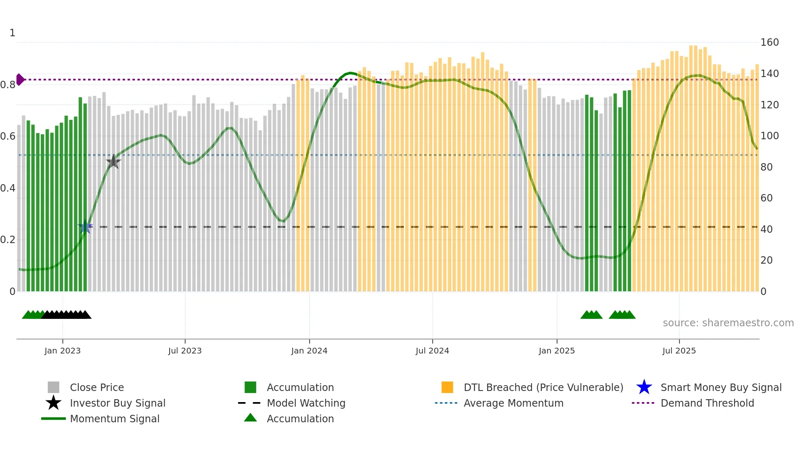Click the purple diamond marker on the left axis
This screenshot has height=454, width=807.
point(20,80)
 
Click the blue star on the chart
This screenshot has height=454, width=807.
point(85,227)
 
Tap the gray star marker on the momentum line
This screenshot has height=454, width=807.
point(113,162)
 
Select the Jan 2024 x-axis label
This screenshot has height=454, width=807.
point(309,351)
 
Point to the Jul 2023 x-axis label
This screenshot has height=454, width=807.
point(185,351)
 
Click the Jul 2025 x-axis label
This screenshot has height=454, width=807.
point(679,351)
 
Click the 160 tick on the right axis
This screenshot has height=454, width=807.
point(770,42)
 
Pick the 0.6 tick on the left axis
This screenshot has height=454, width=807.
point(8,136)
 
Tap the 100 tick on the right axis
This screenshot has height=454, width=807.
point(770,136)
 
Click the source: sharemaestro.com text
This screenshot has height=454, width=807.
point(728,323)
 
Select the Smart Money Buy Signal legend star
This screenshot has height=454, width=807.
point(644,387)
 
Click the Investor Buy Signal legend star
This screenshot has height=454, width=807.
point(54,403)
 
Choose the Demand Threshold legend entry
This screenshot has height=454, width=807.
point(707,403)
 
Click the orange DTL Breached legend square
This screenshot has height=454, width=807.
point(447,387)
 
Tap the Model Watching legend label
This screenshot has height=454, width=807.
point(306,403)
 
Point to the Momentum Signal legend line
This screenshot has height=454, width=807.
point(54,419)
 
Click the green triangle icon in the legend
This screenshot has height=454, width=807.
point(250,418)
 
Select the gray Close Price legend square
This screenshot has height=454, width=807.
point(54,387)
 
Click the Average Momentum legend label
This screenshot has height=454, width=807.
point(513,403)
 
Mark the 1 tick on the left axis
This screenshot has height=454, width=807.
point(12,33)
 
